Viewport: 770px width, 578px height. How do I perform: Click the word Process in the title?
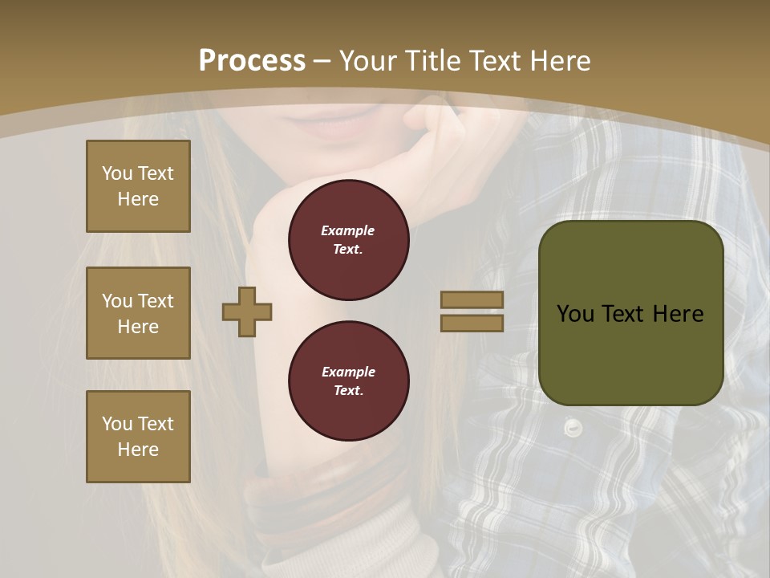click(252, 60)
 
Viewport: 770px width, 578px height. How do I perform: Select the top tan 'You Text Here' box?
click(138, 186)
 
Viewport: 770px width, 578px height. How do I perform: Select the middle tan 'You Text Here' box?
click(138, 313)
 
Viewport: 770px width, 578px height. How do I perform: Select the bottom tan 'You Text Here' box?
click(138, 437)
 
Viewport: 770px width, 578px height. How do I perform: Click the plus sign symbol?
click(247, 312)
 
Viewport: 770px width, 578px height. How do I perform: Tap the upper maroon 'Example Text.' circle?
click(348, 240)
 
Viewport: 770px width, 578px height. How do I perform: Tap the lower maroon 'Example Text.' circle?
click(348, 381)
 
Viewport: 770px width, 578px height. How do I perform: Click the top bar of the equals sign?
click(472, 299)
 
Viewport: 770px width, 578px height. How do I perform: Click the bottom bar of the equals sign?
click(472, 323)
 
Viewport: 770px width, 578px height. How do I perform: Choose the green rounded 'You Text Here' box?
click(630, 313)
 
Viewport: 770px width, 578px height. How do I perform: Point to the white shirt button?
click(572, 428)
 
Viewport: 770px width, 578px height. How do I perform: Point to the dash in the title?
click(322, 61)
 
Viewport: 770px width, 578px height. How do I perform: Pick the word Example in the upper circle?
click(348, 230)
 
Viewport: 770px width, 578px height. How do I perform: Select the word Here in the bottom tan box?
click(138, 450)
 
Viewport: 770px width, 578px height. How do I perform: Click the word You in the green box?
click(575, 314)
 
